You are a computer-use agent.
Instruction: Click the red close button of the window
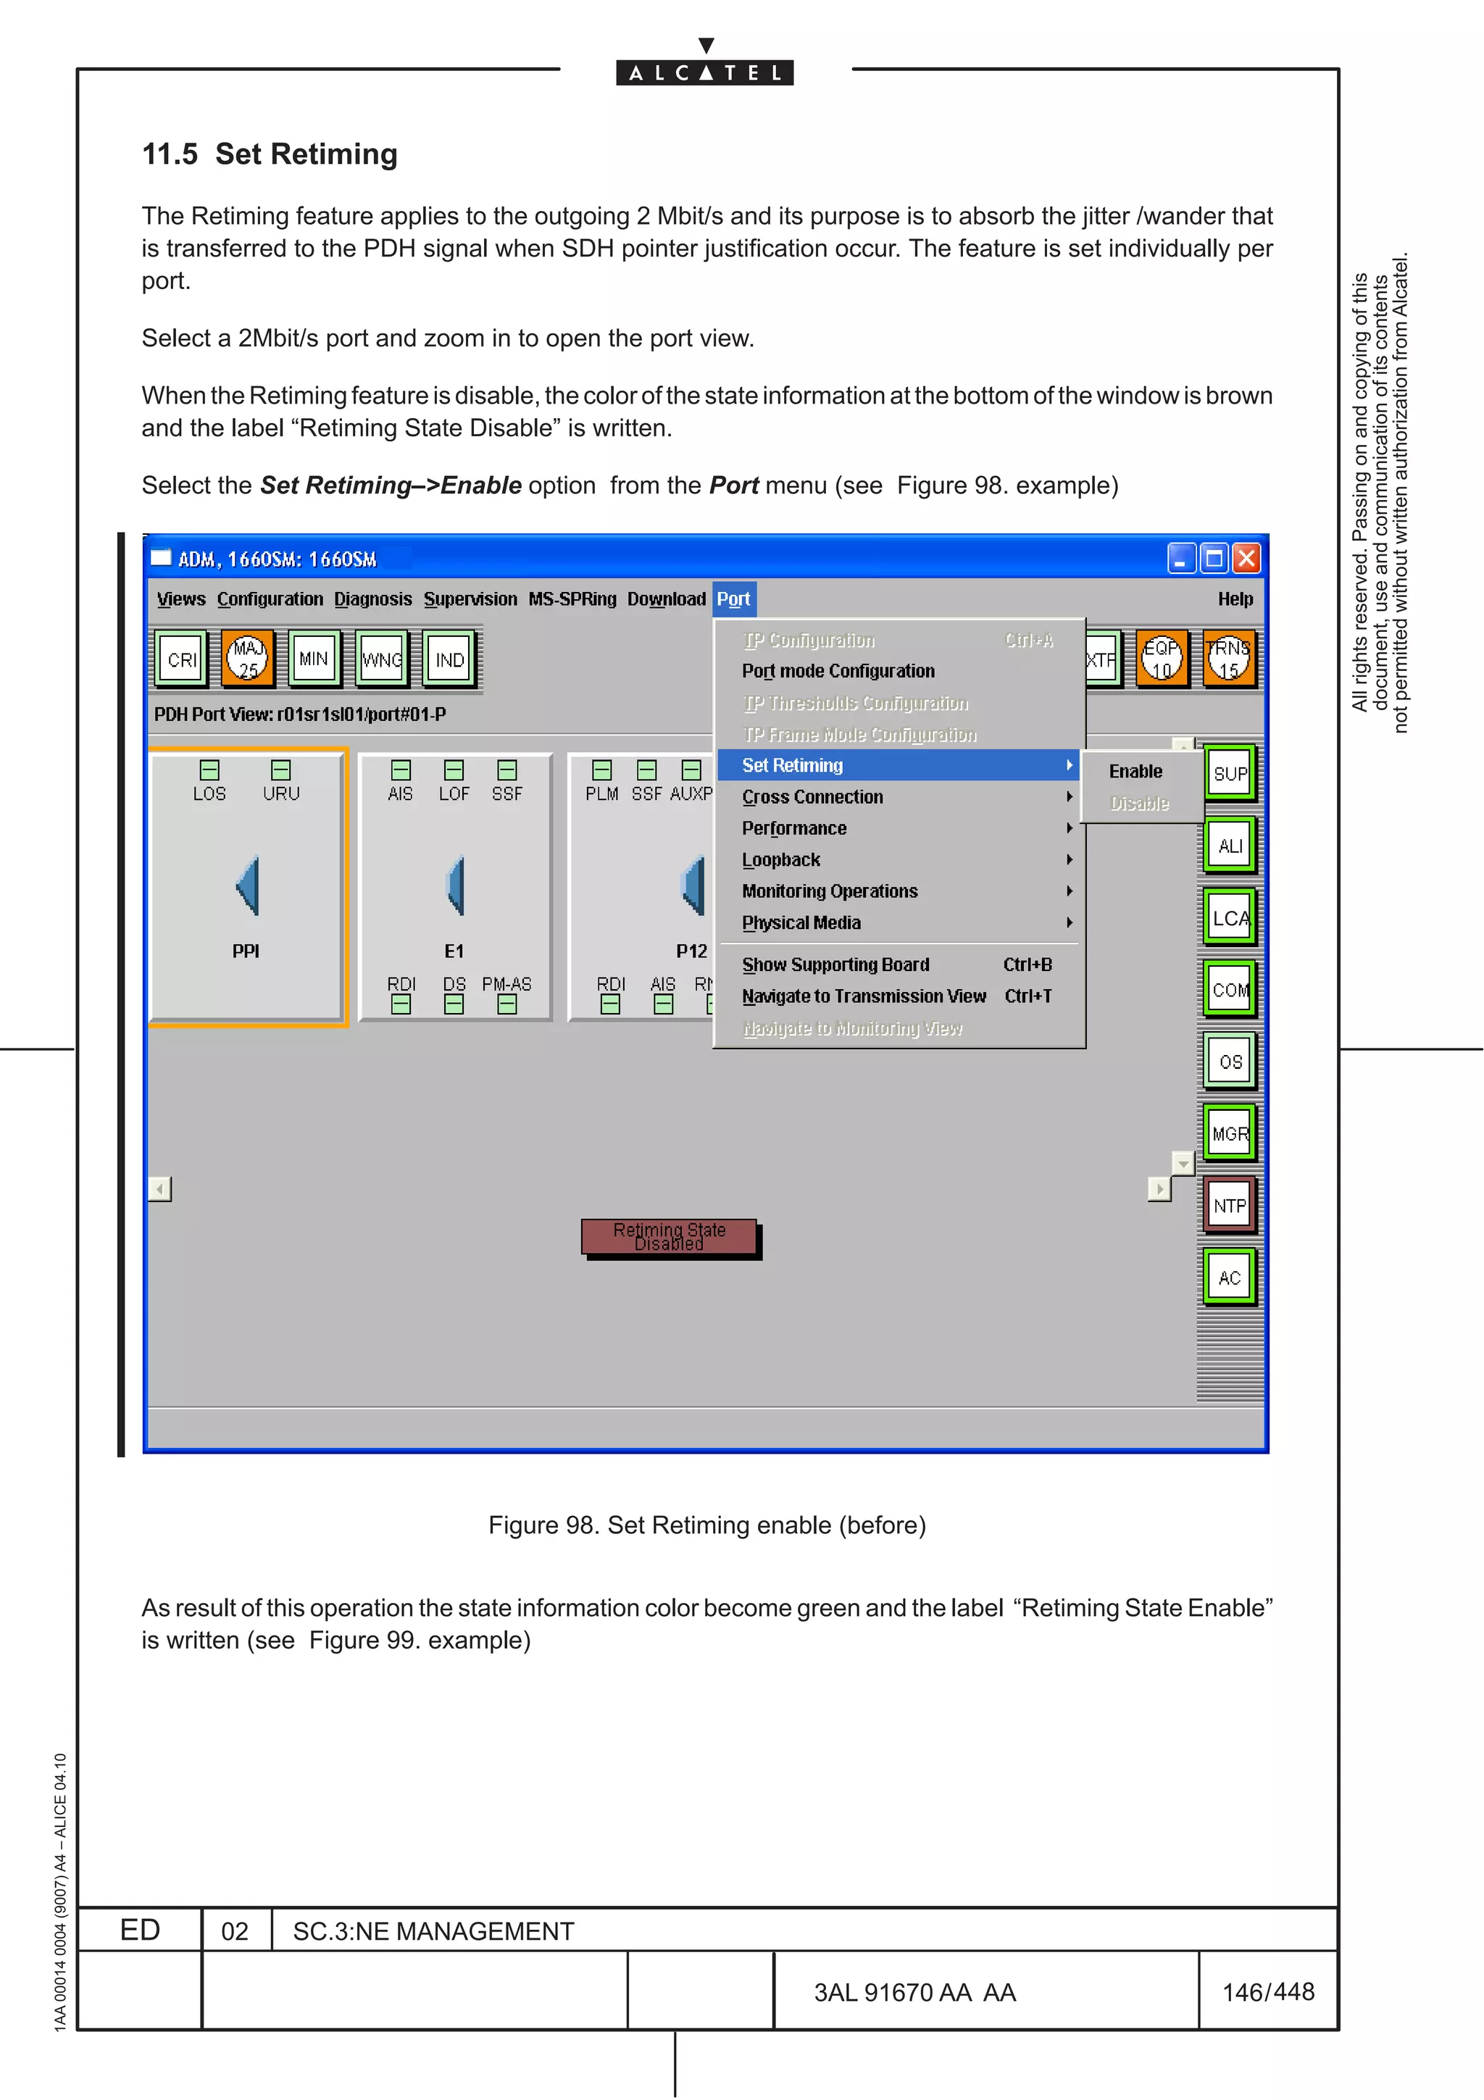tap(1246, 558)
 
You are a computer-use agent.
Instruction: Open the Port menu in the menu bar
tap(733, 599)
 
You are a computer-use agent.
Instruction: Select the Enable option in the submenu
tap(1135, 771)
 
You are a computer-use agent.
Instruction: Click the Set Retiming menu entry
tap(793, 765)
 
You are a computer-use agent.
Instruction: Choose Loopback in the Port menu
tap(781, 859)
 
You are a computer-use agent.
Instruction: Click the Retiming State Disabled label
tap(670, 1236)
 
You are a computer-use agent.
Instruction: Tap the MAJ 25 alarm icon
tap(248, 659)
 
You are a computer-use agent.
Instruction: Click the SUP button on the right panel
tap(1230, 774)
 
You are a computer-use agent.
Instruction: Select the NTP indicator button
tap(1230, 1206)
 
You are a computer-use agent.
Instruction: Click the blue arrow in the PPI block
tap(248, 886)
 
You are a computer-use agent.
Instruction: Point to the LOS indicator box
tap(209, 770)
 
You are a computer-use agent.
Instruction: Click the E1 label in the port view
tap(454, 951)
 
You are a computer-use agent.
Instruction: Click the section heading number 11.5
tap(170, 154)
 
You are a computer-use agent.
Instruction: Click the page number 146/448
tap(1268, 1991)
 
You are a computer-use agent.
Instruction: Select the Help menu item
tap(1235, 599)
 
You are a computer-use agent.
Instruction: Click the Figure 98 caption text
tap(706, 1525)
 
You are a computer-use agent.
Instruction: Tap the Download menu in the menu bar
tap(666, 599)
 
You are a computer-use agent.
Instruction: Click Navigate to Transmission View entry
tap(863, 996)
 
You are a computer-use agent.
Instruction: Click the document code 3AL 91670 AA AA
tap(914, 1992)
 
